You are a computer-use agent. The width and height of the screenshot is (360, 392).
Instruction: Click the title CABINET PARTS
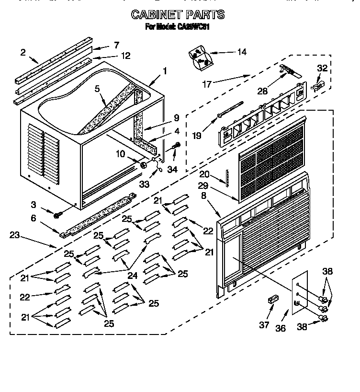pyautogui.click(x=178, y=15)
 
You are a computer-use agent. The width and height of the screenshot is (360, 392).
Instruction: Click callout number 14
pyautogui.click(x=242, y=52)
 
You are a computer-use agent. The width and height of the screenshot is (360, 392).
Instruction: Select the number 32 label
pyautogui.click(x=322, y=69)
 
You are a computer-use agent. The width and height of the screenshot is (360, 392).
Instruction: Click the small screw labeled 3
pyautogui.click(x=57, y=215)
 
